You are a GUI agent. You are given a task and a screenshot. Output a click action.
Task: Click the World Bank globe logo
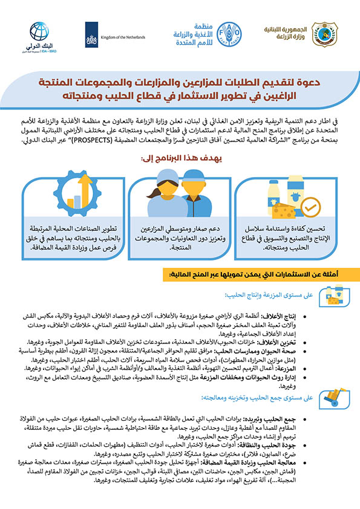[x=40, y=30]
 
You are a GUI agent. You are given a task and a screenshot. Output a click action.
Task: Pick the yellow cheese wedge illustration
[x=284, y=210]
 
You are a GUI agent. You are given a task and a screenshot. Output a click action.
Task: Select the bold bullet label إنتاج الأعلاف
[x=330, y=316]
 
